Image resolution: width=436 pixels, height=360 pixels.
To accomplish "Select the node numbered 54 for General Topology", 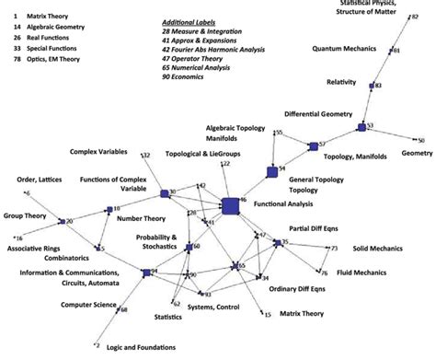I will pos(272,171).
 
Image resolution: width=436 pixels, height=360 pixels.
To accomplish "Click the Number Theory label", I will pos(142,219).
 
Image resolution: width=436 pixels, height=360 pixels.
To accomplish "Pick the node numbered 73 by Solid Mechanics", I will pos(328,248).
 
